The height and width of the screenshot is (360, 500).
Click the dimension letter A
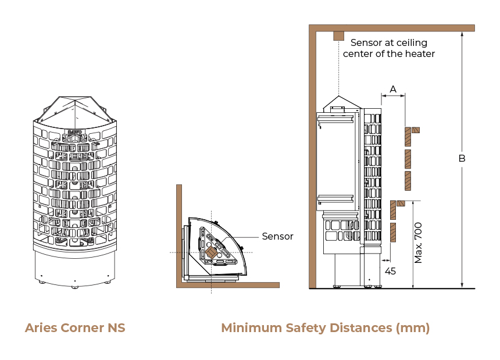393,89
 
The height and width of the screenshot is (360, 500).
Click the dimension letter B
462,158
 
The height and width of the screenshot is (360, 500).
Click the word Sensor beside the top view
277,236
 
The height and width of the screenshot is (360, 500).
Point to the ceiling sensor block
338,36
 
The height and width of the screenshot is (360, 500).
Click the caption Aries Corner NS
75,328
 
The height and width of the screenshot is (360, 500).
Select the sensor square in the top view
211,252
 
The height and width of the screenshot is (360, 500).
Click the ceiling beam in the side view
392,28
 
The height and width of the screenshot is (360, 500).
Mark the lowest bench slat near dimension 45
393,233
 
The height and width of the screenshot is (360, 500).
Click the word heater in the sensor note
419,54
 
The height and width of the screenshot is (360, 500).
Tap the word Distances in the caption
360,328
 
